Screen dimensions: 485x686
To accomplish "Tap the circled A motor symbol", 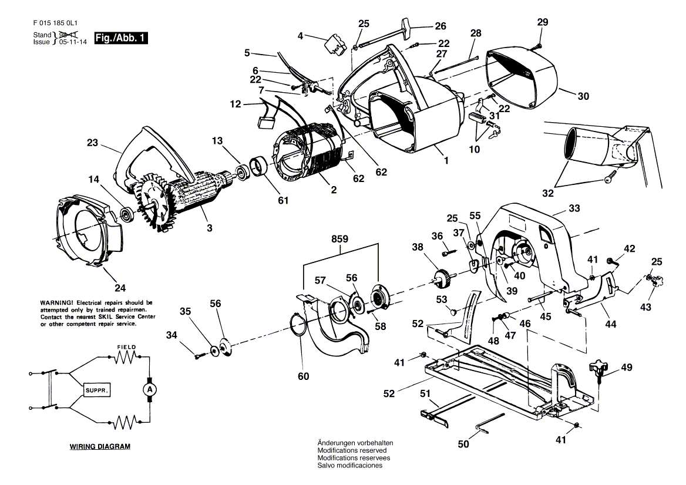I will [x=149, y=389].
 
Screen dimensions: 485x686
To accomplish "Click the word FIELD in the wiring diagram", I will [x=126, y=347].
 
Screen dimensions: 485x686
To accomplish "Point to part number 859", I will [x=339, y=240].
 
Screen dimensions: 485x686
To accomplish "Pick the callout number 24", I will [x=120, y=288].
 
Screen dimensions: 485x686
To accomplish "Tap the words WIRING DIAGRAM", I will [x=100, y=446].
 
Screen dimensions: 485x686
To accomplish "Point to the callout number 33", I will [x=574, y=208].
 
